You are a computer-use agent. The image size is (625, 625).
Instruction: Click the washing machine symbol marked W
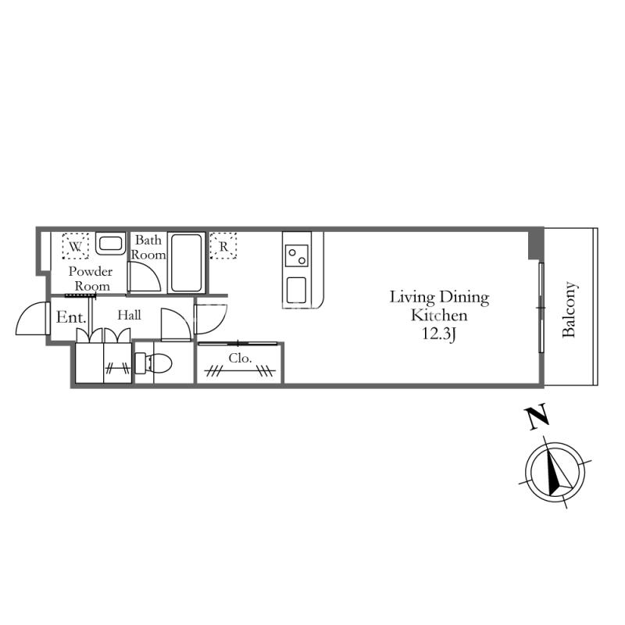click(75, 246)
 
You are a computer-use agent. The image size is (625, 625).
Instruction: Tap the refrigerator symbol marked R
click(223, 246)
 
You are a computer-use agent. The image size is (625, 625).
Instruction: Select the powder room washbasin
click(110, 244)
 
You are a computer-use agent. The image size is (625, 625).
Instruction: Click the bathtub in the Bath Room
click(186, 263)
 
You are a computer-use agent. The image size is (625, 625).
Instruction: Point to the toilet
click(154, 363)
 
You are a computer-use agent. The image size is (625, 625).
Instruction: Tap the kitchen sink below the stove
click(297, 290)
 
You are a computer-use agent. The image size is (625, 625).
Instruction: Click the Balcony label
click(569, 309)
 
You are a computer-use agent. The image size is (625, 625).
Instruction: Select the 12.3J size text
click(438, 334)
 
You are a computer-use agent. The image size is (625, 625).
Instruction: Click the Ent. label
click(71, 317)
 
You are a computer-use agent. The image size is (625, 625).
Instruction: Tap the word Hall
click(129, 315)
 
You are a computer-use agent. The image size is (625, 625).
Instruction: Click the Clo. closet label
click(240, 358)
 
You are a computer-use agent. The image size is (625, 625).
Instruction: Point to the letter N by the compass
click(537, 417)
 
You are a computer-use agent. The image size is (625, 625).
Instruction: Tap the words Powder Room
click(91, 279)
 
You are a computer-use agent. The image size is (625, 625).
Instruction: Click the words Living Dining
click(439, 298)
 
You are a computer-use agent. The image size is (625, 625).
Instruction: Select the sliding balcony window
click(541, 308)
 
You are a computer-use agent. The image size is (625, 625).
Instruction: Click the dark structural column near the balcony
click(536, 245)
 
